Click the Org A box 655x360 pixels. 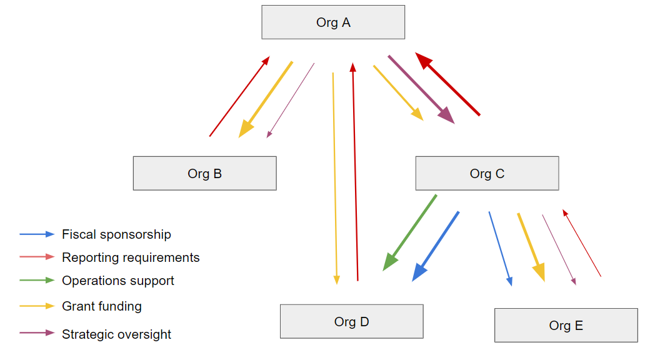333,22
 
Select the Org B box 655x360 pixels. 204,173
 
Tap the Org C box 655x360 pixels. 487,173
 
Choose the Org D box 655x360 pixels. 351,321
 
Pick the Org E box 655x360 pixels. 566,325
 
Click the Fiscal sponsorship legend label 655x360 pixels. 116,234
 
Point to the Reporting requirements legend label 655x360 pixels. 131,257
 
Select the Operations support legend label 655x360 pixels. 118,281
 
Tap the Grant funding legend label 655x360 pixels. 102,306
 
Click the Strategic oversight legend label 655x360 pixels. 116,334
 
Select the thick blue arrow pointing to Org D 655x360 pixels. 436,246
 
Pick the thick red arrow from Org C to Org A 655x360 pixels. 448,84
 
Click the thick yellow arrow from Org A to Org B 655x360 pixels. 266,99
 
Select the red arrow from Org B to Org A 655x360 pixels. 239,96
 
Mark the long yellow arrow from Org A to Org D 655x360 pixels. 334,178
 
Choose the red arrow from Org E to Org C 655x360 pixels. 582,243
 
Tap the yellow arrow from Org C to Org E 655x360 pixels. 531,246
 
